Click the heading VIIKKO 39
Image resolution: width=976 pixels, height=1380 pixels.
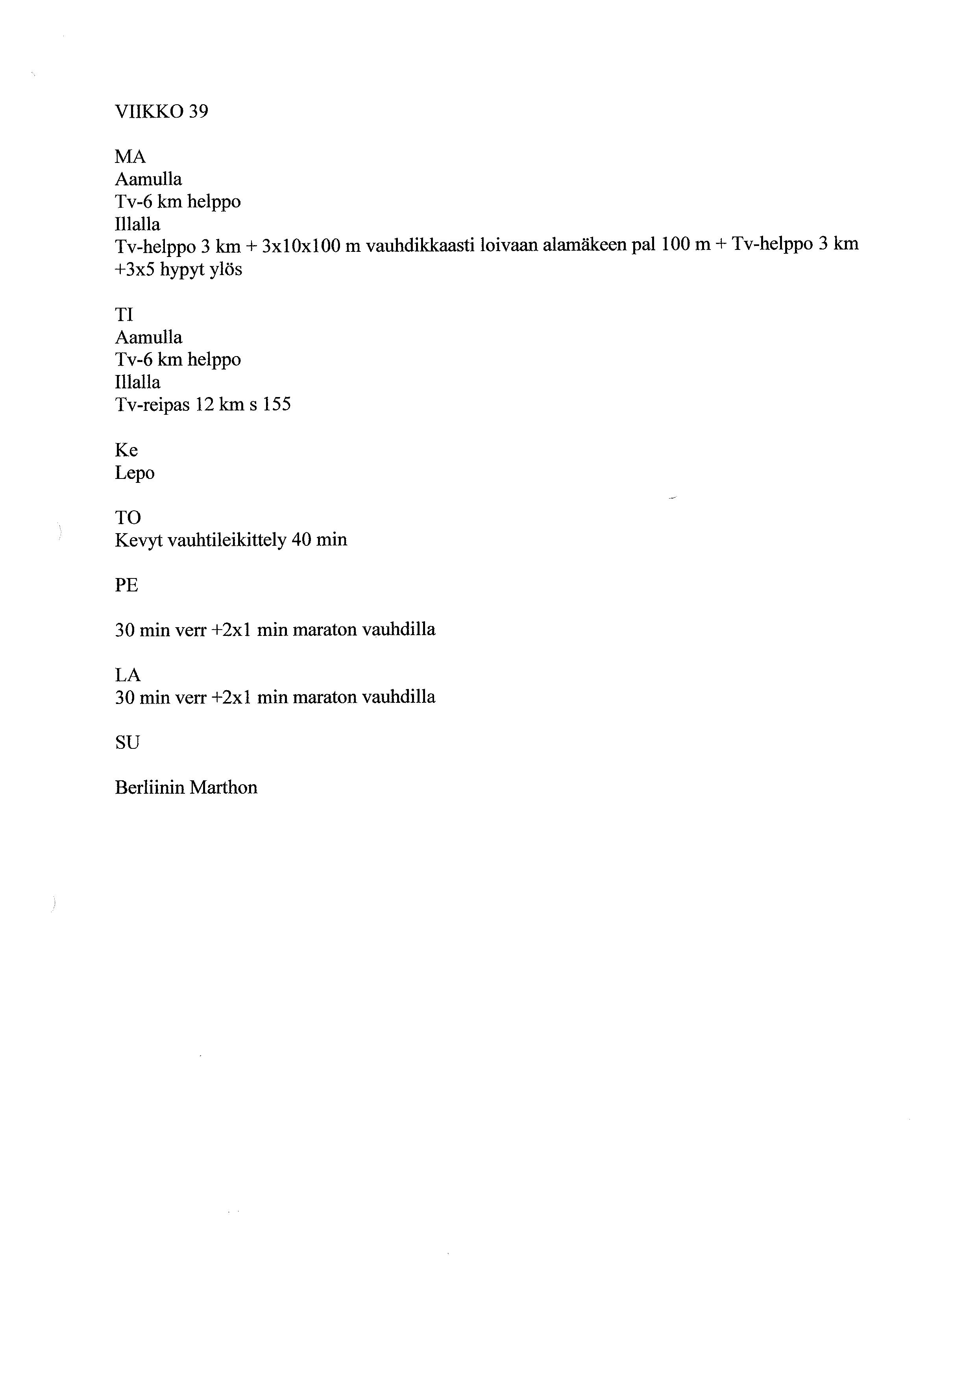click(161, 112)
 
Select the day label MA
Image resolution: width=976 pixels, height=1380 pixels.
click(130, 157)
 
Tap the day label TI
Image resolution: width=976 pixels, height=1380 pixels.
click(124, 314)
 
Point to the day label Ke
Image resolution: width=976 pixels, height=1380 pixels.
click(126, 450)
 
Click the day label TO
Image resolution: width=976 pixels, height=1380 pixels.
click(128, 517)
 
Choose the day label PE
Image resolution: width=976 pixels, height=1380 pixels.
click(126, 585)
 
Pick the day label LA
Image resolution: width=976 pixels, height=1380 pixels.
click(128, 675)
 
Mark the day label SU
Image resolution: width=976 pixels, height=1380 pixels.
click(127, 743)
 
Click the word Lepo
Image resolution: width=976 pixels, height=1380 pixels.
click(135, 473)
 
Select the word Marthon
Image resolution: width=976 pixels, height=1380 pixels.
click(224, 787)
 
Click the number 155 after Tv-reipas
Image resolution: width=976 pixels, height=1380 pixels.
click(276, 405)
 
